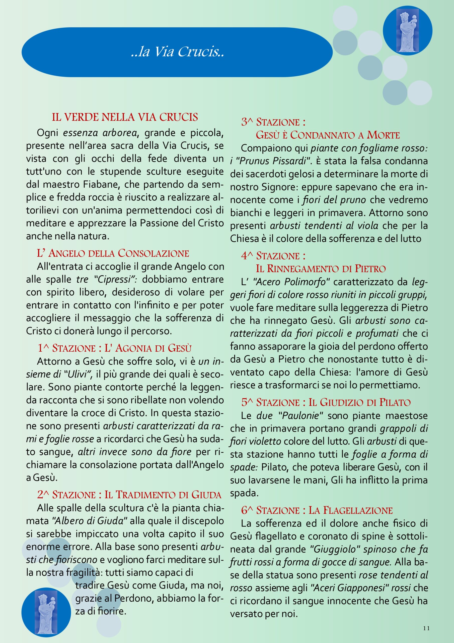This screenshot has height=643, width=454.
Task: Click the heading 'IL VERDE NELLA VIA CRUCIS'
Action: pos(125,117)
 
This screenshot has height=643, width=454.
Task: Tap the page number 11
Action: pos(426,628)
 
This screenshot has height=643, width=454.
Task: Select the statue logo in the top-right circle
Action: pos(407,31)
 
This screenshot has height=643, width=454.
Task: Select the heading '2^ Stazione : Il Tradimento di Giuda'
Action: pos(129,495)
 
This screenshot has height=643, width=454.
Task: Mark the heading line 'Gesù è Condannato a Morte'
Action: pos(328,135)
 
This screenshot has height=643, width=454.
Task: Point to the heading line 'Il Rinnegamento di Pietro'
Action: pos(321,269)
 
